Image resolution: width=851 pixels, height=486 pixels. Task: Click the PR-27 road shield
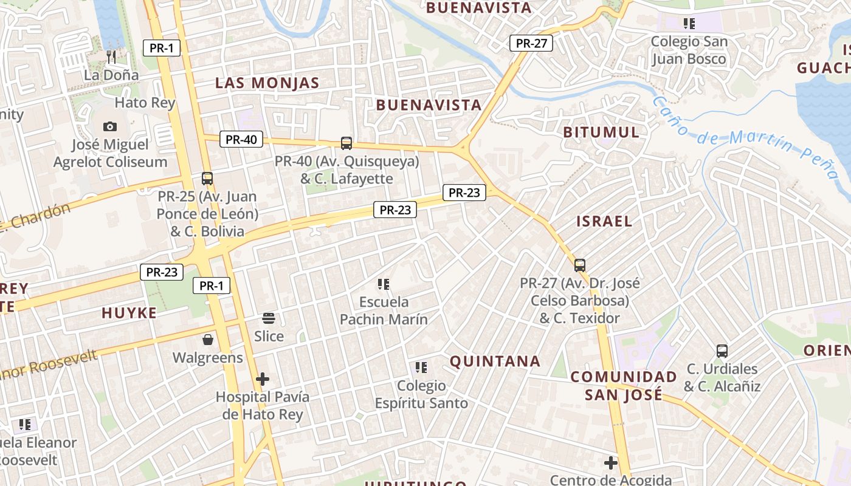coord(531,43)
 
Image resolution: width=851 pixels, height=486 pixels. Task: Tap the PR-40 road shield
coord(241,139)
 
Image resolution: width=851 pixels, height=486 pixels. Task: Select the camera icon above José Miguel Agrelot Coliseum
coord(110,126)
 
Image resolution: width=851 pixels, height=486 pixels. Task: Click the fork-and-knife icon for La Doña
coord(111,57)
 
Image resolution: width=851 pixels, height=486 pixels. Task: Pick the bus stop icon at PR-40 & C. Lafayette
coord(346,143)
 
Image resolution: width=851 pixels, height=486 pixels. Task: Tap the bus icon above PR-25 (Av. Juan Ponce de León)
coord(207,179)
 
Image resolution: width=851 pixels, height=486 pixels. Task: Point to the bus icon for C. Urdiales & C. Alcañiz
coord(722,351)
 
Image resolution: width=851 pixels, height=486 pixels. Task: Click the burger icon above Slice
coord(269,318)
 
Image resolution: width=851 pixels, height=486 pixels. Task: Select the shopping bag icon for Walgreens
coord(208,340)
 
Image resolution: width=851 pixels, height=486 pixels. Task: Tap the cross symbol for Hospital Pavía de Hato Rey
coord(263,380)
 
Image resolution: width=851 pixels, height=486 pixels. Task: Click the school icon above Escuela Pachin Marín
coord(383,284)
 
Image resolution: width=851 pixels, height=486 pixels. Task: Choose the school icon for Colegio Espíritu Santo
coord(421,368)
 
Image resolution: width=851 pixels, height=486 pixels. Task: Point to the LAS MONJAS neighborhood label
coord(267,83)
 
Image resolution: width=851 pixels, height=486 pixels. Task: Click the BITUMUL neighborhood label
coord(601,132)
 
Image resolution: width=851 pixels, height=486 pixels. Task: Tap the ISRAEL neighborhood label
coord(604,221)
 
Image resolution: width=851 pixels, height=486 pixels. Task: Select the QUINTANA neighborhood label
coord(495,361)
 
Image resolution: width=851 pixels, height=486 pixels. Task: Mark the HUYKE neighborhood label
coord(129,313)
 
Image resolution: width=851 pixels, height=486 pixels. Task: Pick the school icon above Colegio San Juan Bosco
coord(689,24)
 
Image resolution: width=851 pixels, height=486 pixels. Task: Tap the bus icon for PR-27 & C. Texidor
coord(580,265)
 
